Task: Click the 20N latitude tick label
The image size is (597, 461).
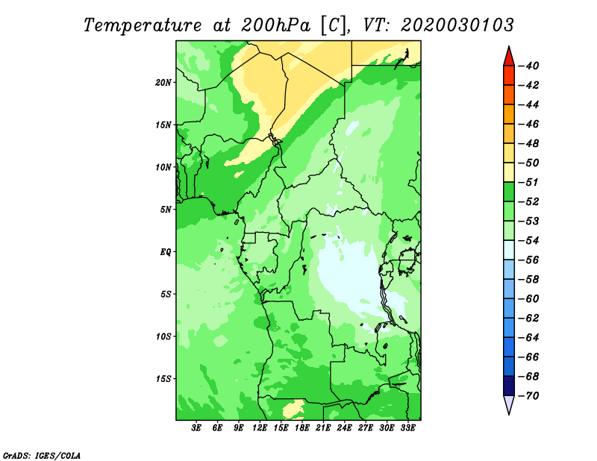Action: tap(163, 83)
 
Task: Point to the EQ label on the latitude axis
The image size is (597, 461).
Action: tap(166, 252)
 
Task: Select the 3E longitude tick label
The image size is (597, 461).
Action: tap(196, 428)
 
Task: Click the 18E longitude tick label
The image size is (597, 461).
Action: tap(302, 428)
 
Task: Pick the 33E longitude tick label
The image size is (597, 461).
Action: tap(407, 428)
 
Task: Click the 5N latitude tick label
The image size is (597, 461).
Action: tap(166, 210)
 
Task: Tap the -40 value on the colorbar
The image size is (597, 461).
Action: tap(528, 66)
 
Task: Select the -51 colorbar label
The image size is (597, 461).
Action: tap(528, 182)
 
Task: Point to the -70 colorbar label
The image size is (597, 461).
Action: tap(528, 396)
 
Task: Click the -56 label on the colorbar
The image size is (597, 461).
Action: tap(528, 260)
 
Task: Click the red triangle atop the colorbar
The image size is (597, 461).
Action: tap(509, 58)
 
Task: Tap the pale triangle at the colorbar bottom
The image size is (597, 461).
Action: tap(509, 404)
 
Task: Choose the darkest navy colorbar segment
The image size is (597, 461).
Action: tap(509, 386)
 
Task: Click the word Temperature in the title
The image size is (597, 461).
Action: tap(143, 25)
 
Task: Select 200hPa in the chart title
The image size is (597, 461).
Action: tap(275, 25)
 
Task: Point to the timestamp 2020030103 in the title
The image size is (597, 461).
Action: tap(457, 25)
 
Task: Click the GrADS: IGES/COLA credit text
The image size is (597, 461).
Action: tap(42, 455)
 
